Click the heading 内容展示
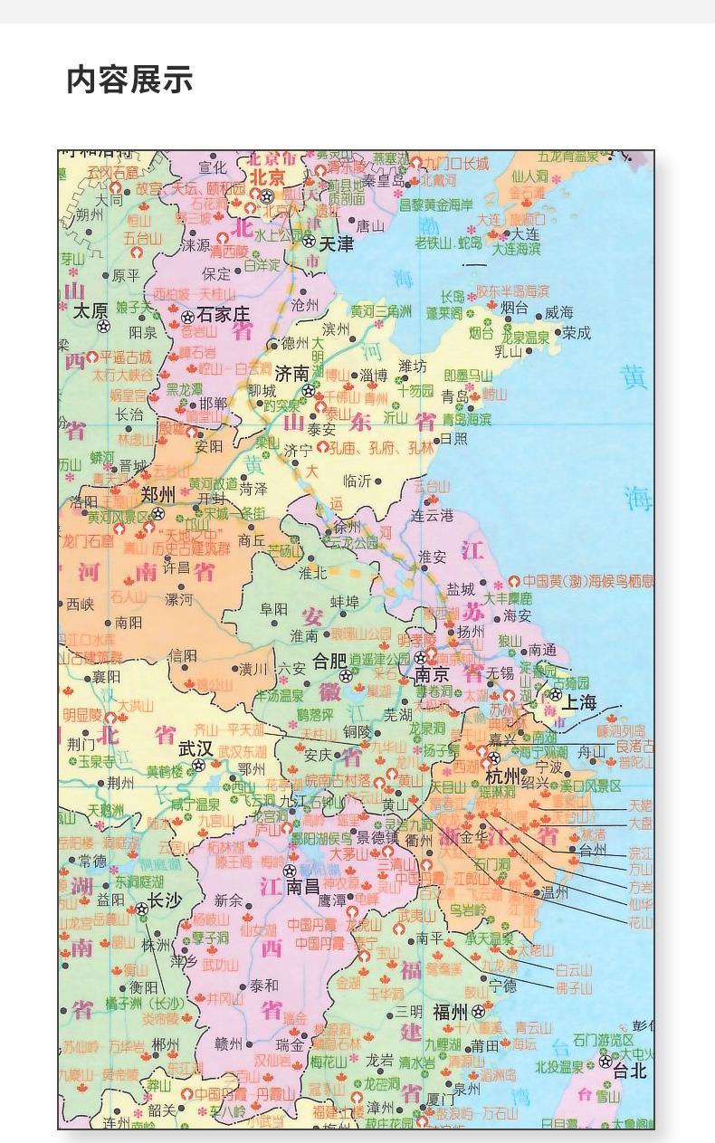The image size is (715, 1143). pyautogui.click(x=129, y=80)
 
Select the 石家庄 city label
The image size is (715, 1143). pyautogui.click(x=223, y=315)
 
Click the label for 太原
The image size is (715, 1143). pyautogui.click(x=91, y=310)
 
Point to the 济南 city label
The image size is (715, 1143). pyautogui.click(x=292, y=373)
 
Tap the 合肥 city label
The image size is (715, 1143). pyautogui.click(x=329, y=661)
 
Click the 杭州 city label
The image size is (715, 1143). pyautogui.click(x=502, y=776)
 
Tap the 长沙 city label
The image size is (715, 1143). pyautogui.click(x=166, y=900)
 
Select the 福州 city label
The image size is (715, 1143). pyautogui.click(x=450, y=1012)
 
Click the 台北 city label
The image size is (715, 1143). pyautogui.click(x=630, y=1072)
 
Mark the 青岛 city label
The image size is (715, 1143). pyautogui.click(x=455, y=395)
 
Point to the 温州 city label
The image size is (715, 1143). pyautogui.click(x=555, y=892)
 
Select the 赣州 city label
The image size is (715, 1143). pyautogui.click(x=229, y=1043)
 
